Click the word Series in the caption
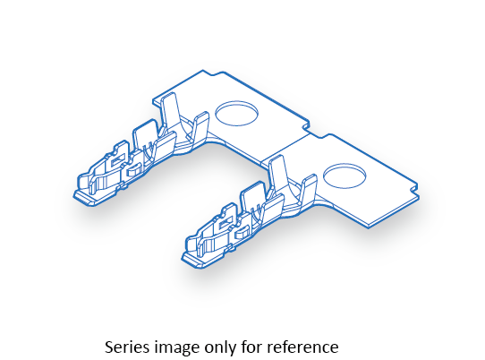[127, 347]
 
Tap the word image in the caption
[176, 347]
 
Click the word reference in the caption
[302, 347]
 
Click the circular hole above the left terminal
[236, 113]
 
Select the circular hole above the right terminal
[345, 176]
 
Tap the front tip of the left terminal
[74, 195]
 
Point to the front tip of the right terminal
[183, 258]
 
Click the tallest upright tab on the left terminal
[170, 110]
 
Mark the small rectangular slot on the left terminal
[117, 160]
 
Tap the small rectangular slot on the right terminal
[225, 222]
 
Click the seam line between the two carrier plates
[285, 147]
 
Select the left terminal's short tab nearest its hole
[200, 127]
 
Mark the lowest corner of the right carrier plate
[369, 227]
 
